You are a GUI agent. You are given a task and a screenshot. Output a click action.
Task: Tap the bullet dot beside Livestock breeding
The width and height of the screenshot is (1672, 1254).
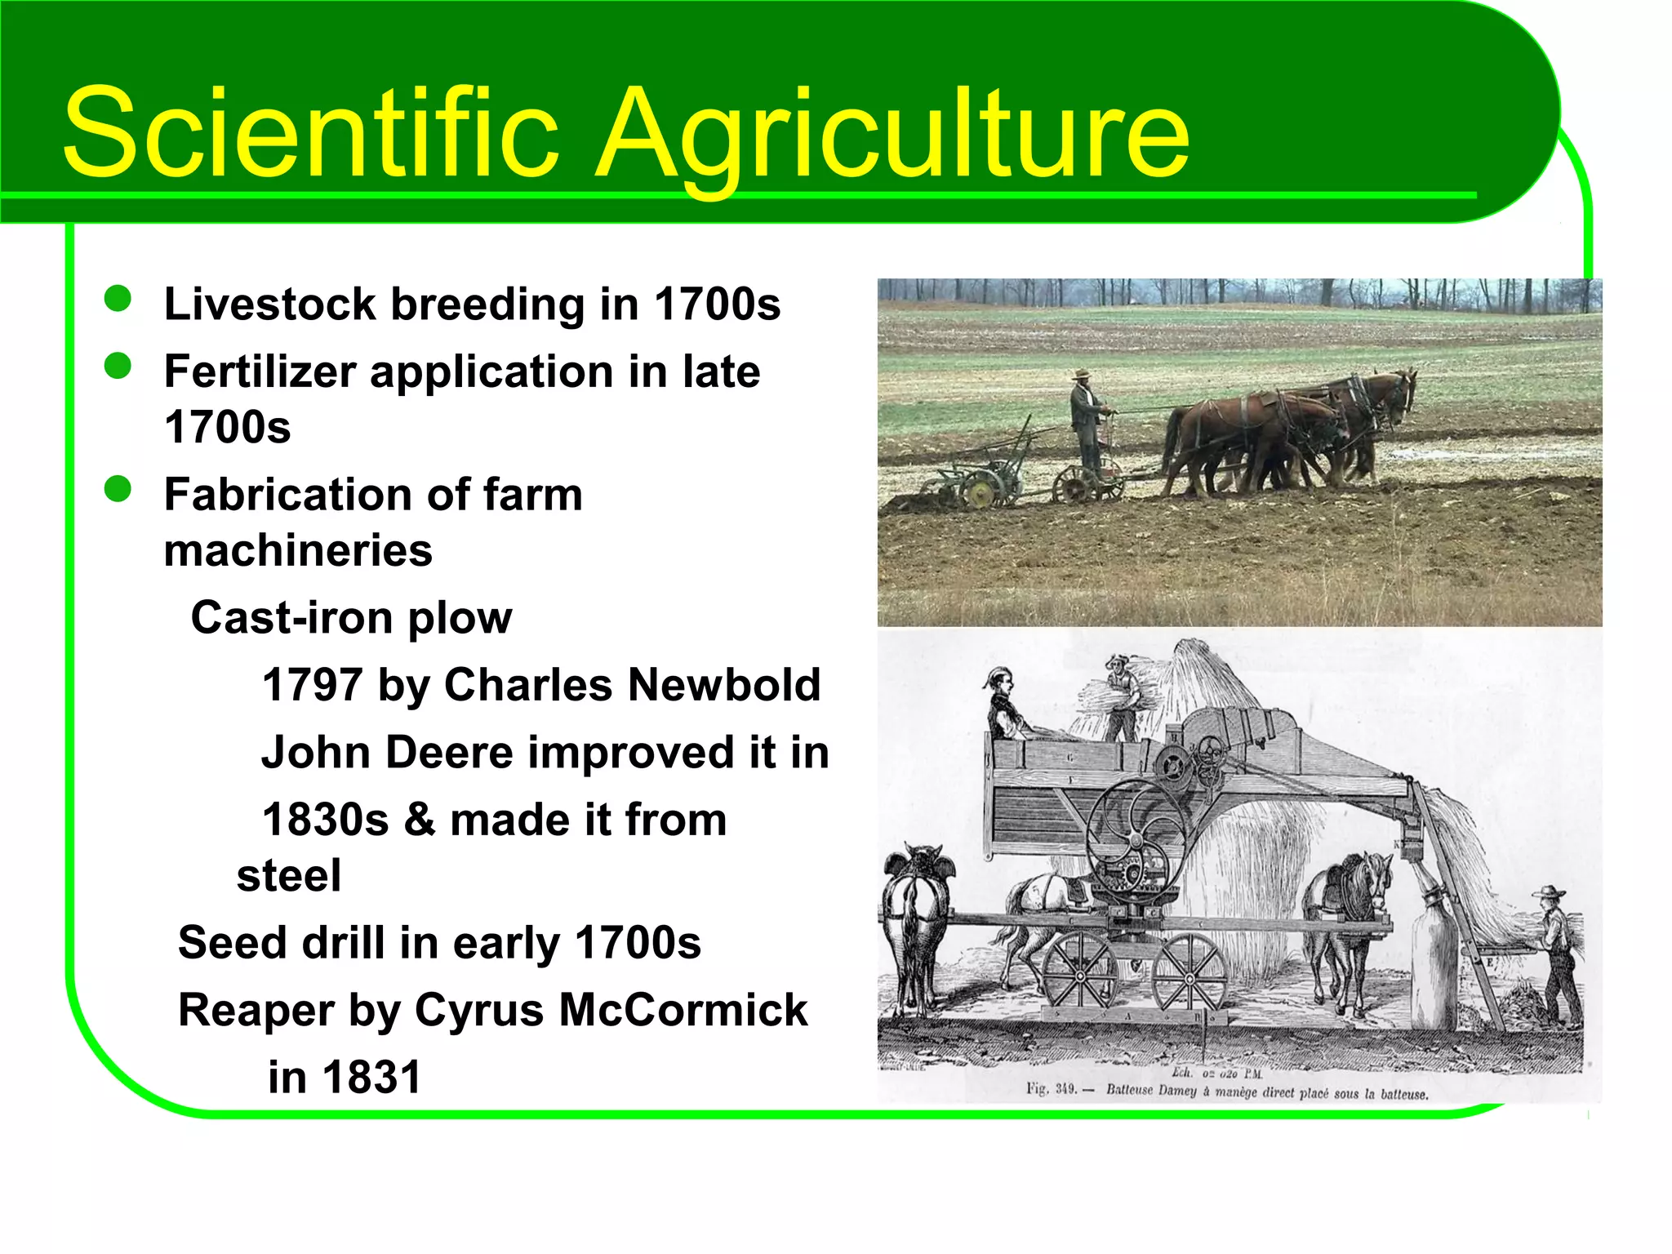118,299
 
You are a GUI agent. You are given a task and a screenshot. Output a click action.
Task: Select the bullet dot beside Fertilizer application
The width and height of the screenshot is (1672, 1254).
118,366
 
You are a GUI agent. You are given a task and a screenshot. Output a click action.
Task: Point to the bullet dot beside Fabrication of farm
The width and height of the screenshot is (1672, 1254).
118,489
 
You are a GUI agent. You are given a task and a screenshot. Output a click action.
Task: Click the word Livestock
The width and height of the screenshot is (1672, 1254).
269,304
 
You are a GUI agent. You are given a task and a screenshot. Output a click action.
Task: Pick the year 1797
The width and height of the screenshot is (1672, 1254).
312,684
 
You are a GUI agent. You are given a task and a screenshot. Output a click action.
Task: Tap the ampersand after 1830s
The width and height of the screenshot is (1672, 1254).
419,819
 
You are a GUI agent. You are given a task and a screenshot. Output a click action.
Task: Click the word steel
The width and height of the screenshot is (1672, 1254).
288,875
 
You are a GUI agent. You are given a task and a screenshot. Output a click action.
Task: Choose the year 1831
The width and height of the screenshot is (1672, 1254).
372,1077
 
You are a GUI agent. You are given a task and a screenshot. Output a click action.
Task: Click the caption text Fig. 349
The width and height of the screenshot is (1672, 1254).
1053,1088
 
